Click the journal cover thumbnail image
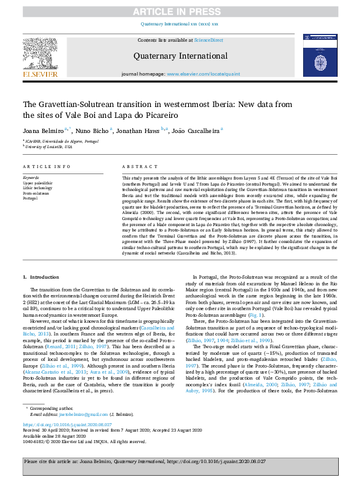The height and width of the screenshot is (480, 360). [x=318, y=56]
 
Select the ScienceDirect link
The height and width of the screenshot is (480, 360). [x=208, y=40]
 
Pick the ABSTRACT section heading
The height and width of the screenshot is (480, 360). [x=136, y=166]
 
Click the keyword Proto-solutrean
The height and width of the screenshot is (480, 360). [x=37, y=192]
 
